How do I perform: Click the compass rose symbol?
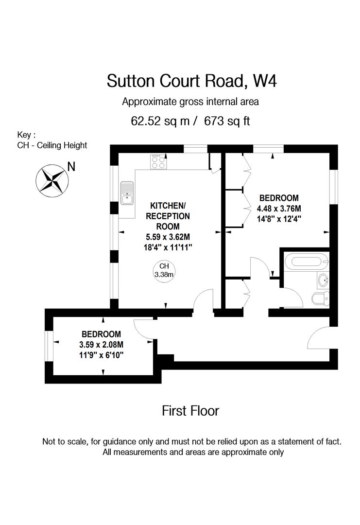51,180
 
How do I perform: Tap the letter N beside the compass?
71,167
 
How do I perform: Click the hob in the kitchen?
158,161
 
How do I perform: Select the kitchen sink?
127,192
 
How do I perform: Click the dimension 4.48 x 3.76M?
279,208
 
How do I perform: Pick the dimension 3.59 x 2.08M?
101,345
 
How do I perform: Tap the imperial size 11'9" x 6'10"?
101,355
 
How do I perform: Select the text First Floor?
190,411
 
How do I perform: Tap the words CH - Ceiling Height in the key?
52,145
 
